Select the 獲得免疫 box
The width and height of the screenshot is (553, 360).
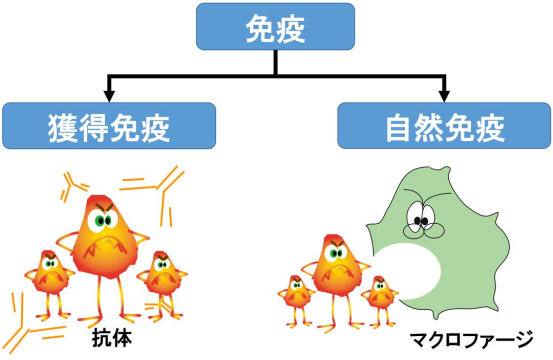click(x=110, y=127)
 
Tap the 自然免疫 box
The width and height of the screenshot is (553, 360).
click(x=441, y=127)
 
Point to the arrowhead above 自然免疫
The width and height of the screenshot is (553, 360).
click(x=441, y=94)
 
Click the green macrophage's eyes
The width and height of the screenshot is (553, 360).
click(x=421, y=211)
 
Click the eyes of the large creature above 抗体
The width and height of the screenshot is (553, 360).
click(x=104, y=214)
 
